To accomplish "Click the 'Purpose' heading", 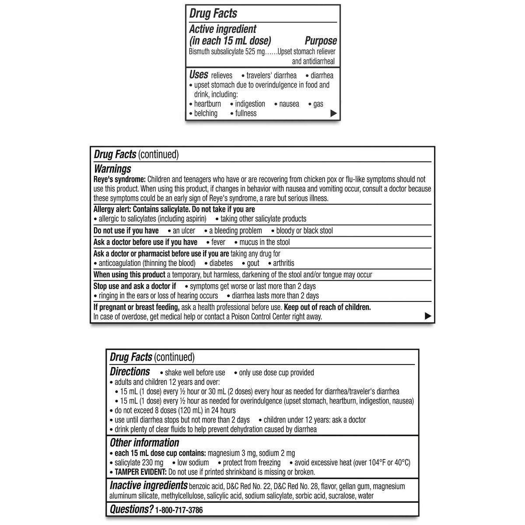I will pos(321,41).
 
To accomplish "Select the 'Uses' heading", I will pos(199,74).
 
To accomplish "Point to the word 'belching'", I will pos(206,113).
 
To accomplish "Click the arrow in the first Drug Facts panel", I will pos(334,113).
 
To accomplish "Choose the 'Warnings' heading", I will pos(112,169).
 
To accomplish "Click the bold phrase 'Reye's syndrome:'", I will pos(119,179).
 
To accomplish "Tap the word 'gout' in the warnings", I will pos(253,263).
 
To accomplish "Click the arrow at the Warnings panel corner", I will pos(428,316).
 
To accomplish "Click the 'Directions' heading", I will pos(130,372).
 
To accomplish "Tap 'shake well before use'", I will pos(195,373).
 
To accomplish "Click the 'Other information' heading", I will pos(144,443).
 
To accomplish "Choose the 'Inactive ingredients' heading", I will pos(149,485).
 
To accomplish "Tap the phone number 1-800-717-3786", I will pos(179,510).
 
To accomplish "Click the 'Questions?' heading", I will pos(132,509).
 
